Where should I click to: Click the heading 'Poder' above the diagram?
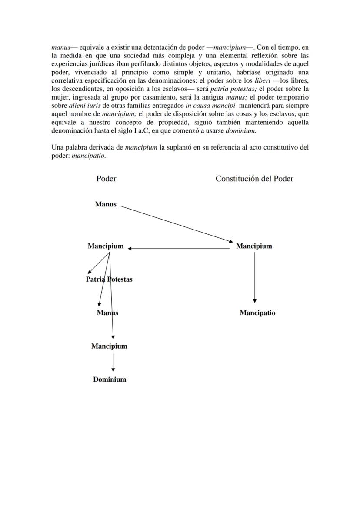106,179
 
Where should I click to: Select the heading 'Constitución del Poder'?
254,179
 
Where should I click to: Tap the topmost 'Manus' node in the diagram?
106,204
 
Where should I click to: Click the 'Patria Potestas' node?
109,279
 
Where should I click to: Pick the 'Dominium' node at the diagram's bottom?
110,379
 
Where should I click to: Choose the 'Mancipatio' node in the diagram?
257,313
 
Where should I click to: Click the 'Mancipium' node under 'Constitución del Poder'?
254,246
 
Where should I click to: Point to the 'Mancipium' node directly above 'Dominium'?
109,346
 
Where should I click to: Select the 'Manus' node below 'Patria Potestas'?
107,313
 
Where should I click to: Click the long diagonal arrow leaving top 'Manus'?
176,223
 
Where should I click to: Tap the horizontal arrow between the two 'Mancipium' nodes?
178,248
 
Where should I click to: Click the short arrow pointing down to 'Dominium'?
113,363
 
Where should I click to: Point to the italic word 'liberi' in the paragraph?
262,80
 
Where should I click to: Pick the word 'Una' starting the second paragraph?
58,147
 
